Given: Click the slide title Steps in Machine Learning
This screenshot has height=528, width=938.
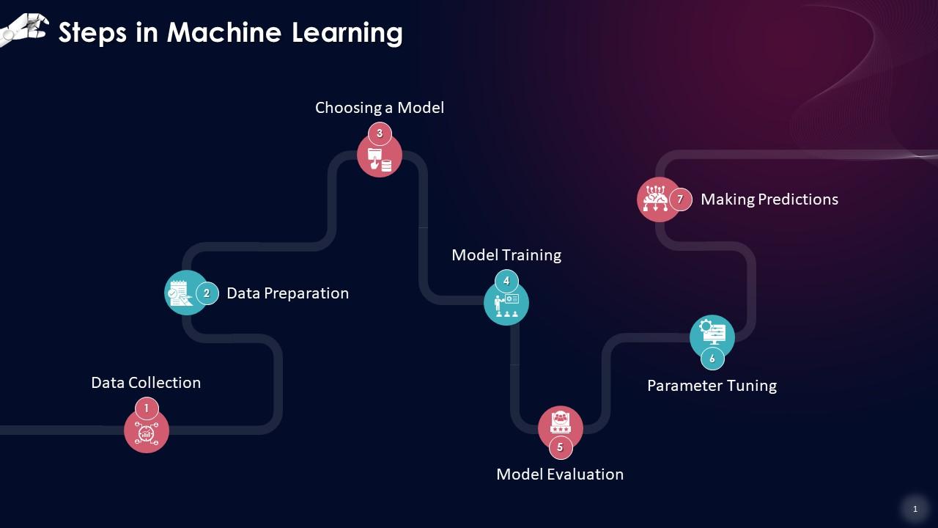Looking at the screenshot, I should [x=230, y=33].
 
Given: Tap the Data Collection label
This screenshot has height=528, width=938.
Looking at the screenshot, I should [x=146, y=383].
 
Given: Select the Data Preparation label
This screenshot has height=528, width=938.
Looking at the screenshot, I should [x=287, y=293].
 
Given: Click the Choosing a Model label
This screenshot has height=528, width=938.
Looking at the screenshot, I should [x=380, y=108].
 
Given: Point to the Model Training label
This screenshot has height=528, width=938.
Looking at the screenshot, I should [x=506, y=255].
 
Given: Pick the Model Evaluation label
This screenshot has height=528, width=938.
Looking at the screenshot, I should [x=560, y=474].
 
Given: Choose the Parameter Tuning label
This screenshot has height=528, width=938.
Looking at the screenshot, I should [x=712, y=386].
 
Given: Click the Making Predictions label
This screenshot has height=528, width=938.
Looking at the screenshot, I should [x=769, y=199].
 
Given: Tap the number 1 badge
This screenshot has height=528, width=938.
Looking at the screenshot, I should [x=147, y=408].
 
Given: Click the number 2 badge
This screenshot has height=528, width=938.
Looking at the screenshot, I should [x=207, y=293].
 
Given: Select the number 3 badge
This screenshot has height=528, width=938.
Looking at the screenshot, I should [x=380, y=133].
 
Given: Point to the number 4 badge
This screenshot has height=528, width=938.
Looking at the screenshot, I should [x=506, y=281].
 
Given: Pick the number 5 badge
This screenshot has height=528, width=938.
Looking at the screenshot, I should [x=561, y=447].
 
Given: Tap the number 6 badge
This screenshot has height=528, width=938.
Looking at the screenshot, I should [x=712, y=359].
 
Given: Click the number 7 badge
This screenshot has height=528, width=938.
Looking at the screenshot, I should [x=680, y=199].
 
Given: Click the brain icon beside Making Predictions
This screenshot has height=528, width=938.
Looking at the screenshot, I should [x=654, y=199].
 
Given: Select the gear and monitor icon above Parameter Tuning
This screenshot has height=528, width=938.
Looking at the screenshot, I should [x=712, y=333].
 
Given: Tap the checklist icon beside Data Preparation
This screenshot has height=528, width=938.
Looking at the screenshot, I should [x=180, y=293].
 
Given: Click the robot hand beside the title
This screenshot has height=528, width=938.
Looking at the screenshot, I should [x=22, y=29].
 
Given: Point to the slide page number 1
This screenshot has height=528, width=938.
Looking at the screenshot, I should [x=915, y=509].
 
